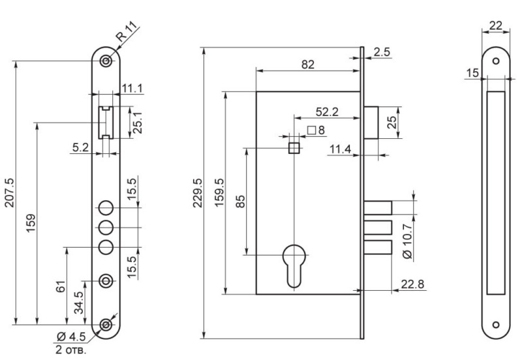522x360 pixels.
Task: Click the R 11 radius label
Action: point(127,31)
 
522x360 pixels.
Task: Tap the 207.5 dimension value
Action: point(10,192)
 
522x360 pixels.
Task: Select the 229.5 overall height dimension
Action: point(198,192)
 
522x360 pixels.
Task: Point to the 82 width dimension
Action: point(307,64)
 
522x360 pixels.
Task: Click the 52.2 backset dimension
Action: point(327,112)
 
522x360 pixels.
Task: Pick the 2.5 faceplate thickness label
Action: point(382,52)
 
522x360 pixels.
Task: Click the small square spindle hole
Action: point(294,148)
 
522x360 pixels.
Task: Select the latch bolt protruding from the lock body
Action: point(371,123)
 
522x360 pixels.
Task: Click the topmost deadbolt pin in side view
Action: point(378,208)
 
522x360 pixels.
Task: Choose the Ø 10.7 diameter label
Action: point(407,241)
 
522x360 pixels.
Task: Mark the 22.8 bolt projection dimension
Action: point(412,284)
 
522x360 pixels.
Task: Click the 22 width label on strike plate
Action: point(496,25)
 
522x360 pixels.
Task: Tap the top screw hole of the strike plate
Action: point(496,61)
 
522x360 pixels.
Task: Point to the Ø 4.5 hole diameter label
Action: point(71,337)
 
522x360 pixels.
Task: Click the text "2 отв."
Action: point(71,350)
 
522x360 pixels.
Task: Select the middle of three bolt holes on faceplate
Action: point(106,228)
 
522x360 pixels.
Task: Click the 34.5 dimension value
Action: point(78,303)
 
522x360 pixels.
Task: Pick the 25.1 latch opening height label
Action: point(138,123)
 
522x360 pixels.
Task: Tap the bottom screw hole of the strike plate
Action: point(496,325)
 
